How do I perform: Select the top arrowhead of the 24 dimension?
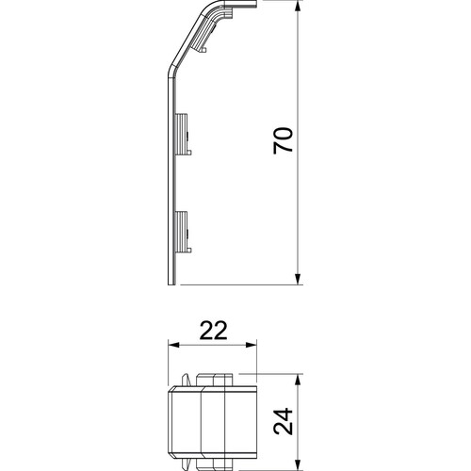(298, 379)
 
